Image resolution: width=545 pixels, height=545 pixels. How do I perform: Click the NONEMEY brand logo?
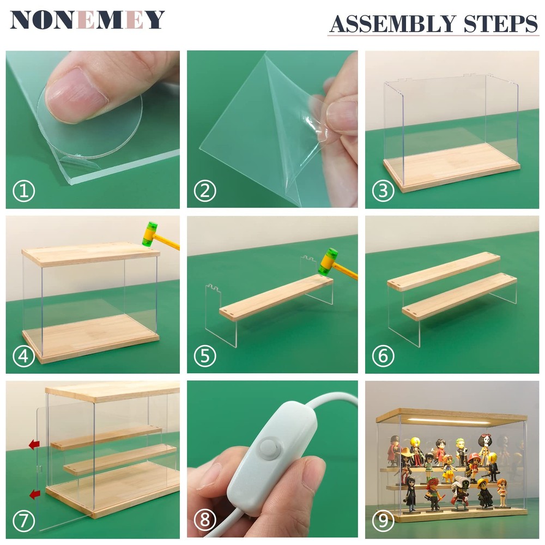pos(87,20)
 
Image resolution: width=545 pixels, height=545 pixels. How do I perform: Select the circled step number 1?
pos(24,191)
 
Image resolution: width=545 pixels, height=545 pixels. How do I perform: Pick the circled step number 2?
pos(205,191)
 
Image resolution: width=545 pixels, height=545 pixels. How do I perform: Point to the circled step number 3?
pos(383,191)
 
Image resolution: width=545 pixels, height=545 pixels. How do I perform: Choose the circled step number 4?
pos(24,356)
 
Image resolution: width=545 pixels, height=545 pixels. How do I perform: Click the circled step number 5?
pos(205,356)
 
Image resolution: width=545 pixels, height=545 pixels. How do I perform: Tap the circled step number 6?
pos(383,356)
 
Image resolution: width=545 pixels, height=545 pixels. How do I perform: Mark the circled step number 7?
pos(24,520)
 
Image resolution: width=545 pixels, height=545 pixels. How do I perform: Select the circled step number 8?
pos(205,520)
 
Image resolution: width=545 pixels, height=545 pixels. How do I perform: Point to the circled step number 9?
pos(383,520)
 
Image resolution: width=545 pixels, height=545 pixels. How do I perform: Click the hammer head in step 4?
pos(150,234)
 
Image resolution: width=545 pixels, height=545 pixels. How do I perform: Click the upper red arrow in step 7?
pos(34,444)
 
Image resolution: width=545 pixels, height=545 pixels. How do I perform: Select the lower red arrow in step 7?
pos(34,494)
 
